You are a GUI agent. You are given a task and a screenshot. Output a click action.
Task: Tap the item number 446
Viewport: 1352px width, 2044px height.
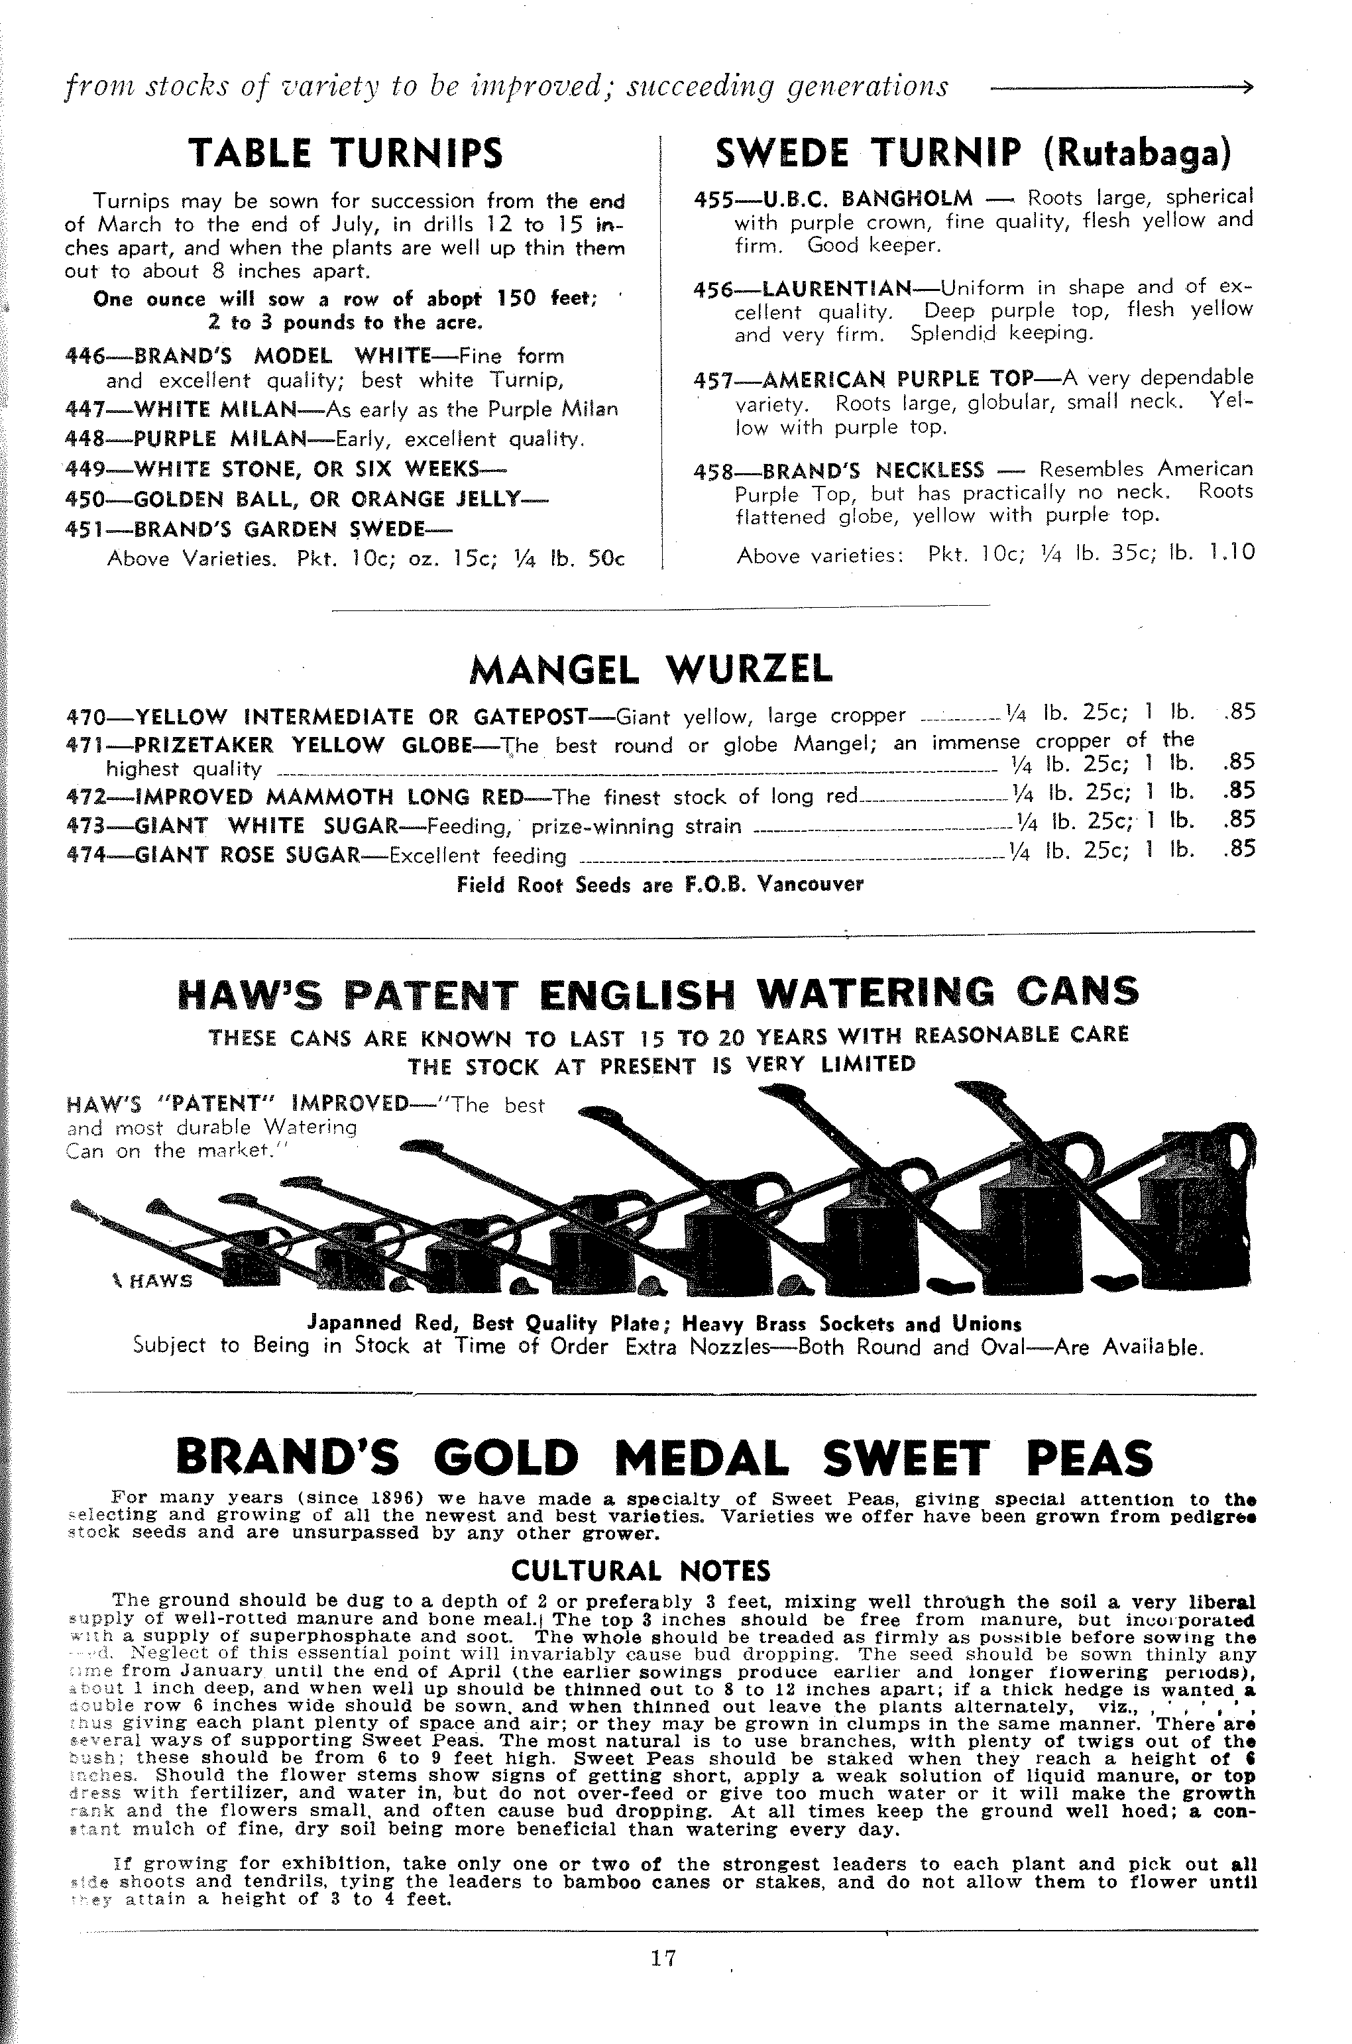pyautogui.click(x=84, y=356)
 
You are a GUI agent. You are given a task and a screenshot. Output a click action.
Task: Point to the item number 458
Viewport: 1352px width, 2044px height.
pyautogui.click(x=712, y=471)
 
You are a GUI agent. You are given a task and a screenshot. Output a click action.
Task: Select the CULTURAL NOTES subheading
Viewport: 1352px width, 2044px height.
pyautogui.click(x=641, y=1571)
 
